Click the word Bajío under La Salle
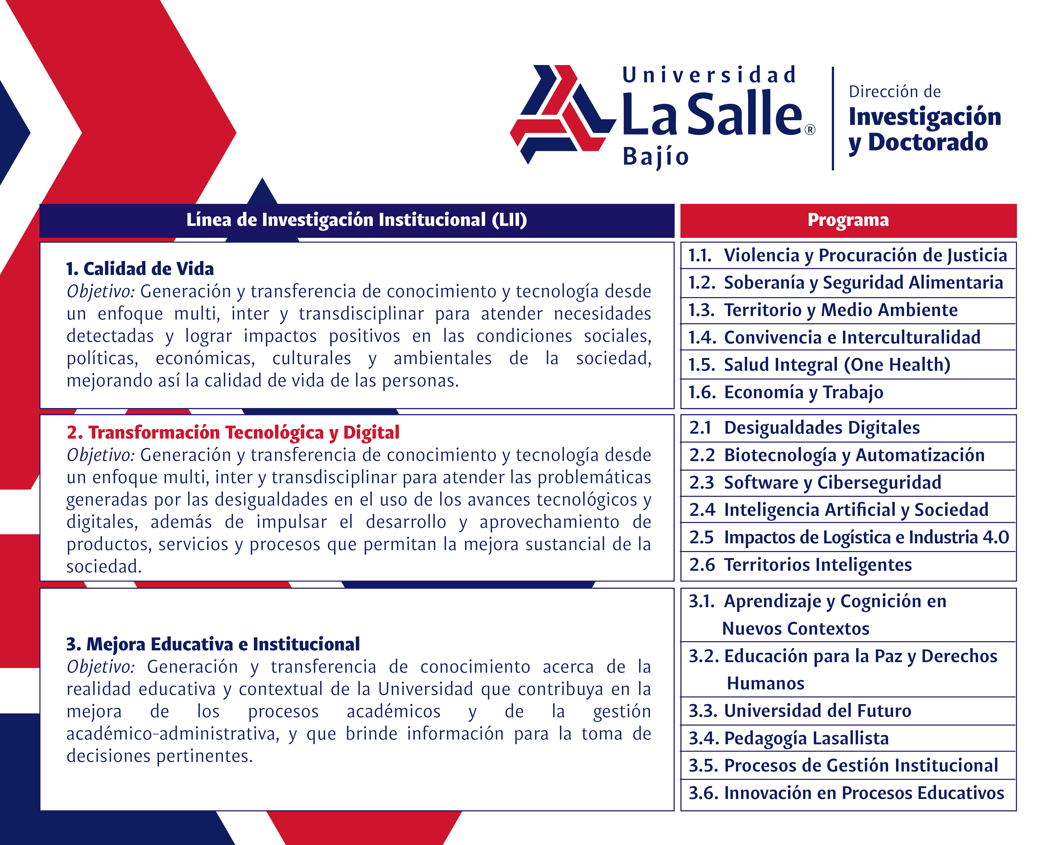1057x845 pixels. tap(656, 157)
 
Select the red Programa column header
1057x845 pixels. tap(848, 220)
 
